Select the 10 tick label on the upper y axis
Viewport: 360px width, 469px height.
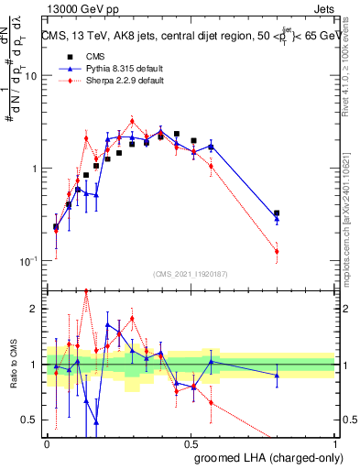(29, 76)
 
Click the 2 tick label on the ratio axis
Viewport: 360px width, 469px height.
(35, 309)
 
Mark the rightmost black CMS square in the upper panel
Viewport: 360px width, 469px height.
(277, 213)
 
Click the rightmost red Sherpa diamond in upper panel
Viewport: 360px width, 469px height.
(277, 251)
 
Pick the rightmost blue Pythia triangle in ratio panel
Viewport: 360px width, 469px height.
(277, 375)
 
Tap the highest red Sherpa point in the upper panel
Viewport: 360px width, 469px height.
(133, 121)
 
